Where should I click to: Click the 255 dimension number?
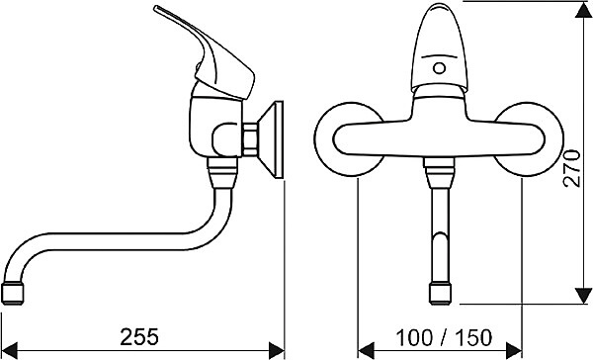point(139,337)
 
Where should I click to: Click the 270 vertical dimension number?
point(571,168)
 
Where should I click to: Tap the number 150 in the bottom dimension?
point(473,337)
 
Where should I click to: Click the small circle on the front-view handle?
point(439,68)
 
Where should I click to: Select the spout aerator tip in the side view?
point(13,293)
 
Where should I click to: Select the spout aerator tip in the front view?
point(440,294)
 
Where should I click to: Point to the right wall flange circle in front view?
point(562,139)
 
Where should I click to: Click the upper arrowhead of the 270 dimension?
point(583,10)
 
